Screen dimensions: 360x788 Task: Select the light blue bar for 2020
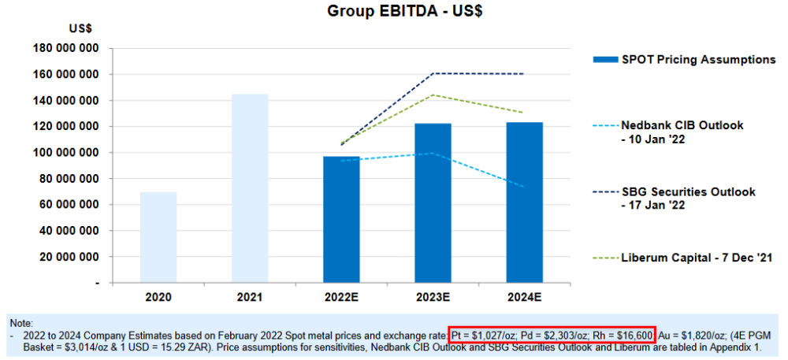[x=158, y=237]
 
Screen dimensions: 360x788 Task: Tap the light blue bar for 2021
[x=250, y=188]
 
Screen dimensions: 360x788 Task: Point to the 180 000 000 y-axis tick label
[x=67, y=48]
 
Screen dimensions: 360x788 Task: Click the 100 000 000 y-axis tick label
[x=67, y=152]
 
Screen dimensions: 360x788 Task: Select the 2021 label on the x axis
[x=250, y=299]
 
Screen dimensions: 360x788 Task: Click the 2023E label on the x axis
[x=433, y=299]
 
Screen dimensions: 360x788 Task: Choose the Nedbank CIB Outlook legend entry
[x=682, y=132]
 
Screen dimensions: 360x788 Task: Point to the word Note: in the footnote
[x=21, y=323]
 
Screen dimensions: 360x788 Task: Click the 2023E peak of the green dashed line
[x=433, y=95]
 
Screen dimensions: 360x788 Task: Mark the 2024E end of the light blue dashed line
[x=524, y=187]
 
